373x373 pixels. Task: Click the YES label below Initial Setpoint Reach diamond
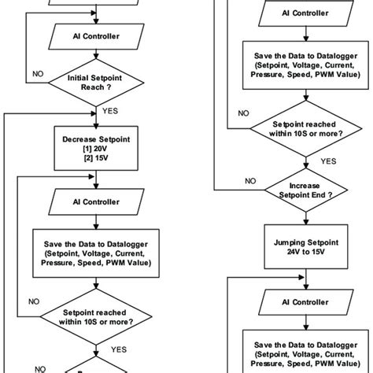point(110,112)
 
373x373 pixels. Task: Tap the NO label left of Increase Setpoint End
point(250,180)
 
